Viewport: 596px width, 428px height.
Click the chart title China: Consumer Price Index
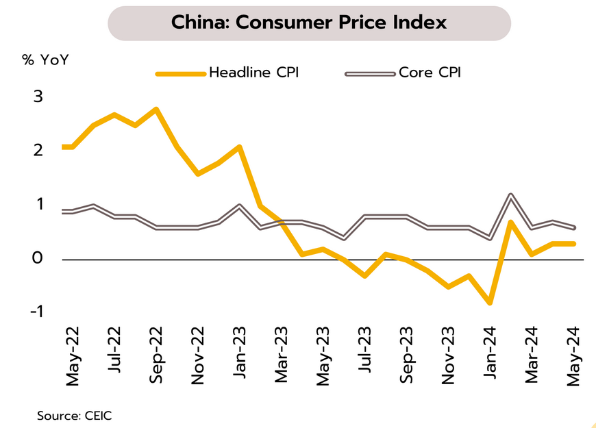click(x=309, y=23)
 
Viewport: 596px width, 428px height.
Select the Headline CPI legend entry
click(x=253, y=72)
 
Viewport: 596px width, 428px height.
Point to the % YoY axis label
click(x=45, y=59)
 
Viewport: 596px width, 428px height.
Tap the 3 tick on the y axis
click(x=38, y=97)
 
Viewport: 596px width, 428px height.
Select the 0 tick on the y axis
click(x=38, y=258)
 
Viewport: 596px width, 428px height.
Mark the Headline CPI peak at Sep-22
click(x=156, y=109)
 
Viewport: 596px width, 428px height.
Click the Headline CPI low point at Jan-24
click(x=491, y=302)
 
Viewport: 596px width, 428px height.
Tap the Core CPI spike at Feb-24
click(x=511, y=196)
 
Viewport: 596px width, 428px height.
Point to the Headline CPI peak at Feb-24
click(x=511, y=222)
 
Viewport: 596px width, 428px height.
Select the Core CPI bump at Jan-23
click(x=240, y=206)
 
